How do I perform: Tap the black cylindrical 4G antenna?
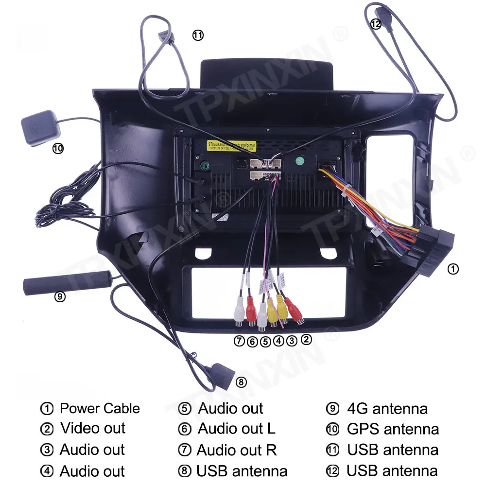tap(65, 284)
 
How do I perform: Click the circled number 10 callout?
tap(58, 149)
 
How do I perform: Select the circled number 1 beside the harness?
tap(452, 268)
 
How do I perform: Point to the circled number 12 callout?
tap(376, 24)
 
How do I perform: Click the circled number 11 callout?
tap(197, 35)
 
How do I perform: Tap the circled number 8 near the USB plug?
tap(241, 382)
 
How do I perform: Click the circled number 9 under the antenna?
tap(60, 296)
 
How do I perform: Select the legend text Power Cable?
tap(100, 408)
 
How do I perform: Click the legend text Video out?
tap(93, 429)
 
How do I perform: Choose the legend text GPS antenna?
tap(393, 429)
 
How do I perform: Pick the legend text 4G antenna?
tap(387, 409)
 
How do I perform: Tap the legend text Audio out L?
tap(237, 429)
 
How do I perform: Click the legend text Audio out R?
tap(237, 450)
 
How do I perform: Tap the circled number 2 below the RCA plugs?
tap(306, 340)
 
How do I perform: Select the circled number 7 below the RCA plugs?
tap(239, 341)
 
